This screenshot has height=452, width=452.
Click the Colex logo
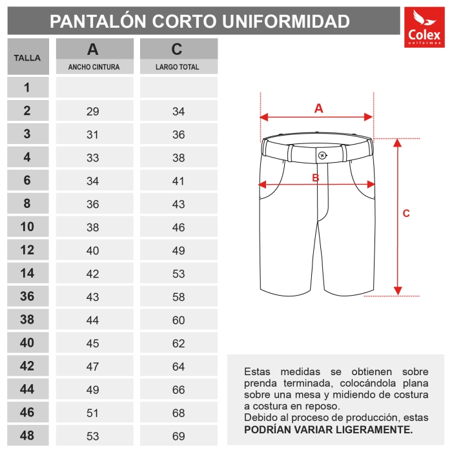click(424, 28)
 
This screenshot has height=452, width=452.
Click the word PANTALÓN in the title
click(98, 21)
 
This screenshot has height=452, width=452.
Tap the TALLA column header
click(27, 57)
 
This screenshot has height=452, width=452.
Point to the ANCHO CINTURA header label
click(94, 67)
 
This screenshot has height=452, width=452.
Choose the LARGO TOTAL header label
click(178, 67)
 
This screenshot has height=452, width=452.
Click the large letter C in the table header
click(178, 50)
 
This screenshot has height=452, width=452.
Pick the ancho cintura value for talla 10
click(93, 227)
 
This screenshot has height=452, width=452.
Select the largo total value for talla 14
click(178, 274)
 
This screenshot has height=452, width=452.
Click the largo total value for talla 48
click(178, 437)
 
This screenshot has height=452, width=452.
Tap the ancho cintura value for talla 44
click(93, 390)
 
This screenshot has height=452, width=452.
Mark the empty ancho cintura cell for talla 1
click(94, 88)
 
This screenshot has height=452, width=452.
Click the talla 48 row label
click(27, 436)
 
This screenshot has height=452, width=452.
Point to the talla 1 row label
click(27, 88)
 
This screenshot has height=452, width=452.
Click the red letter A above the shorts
click(318, 108)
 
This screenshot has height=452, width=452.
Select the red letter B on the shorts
click(316, 178)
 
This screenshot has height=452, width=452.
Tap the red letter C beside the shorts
click(406, 214)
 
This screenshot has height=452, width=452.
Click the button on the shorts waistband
click(322, 154)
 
